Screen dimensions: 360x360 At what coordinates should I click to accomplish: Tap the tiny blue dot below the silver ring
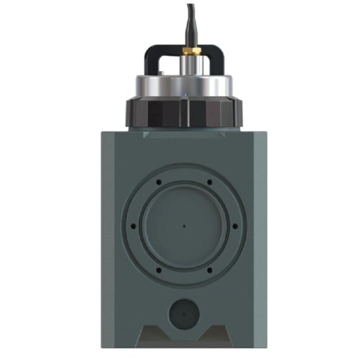tap(184, 96)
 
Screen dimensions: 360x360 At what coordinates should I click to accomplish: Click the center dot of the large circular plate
tap(184, 225)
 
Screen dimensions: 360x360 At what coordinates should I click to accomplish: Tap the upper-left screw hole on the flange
tap(158, 181)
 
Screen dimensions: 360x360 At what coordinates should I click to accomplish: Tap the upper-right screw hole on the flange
tap(210, 181)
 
